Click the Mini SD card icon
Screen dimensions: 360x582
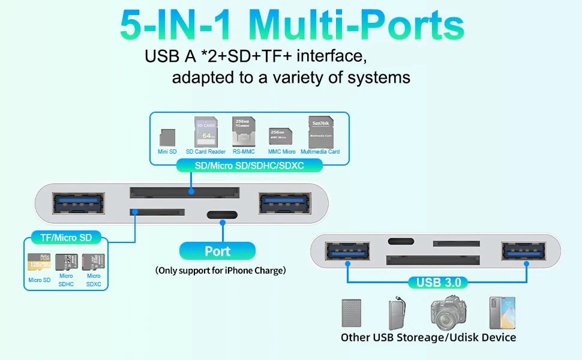click(x=167, y=137)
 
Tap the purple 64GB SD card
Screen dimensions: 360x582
click(x=205, y=132)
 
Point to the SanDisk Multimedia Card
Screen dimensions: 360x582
click(x=320, y=132)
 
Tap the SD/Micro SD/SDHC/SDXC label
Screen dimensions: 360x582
click(x=250, y=166)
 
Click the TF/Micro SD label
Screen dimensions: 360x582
click(x=66, y=238)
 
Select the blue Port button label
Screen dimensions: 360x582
click(x=217, y=251)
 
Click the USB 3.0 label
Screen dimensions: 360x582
click(x=439, y=282)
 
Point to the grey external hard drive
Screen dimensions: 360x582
click(x=353, y=314)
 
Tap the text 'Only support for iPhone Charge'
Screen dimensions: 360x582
click(x=220, y=271)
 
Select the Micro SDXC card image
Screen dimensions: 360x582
click(x=94, y=262)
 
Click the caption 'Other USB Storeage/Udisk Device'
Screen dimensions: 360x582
click(x=428, y=337)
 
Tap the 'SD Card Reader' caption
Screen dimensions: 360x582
click(x=206, y=152)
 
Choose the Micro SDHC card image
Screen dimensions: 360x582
click(x=66, y=262)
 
